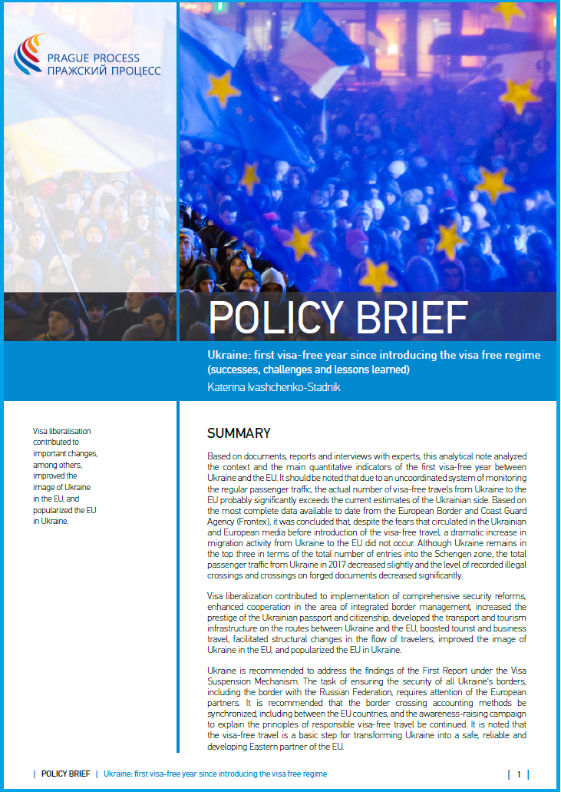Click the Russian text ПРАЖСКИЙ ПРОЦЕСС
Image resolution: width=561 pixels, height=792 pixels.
coord(104,70)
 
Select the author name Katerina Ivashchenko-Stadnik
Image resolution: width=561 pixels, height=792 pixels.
coord(275,386)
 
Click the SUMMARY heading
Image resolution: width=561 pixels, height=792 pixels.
coord(239,433)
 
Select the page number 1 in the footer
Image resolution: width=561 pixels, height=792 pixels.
coord(519,774)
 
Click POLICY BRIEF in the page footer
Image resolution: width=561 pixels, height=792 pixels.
coord(65,774)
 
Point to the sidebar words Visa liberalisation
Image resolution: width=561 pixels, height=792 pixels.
coord(61,437)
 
